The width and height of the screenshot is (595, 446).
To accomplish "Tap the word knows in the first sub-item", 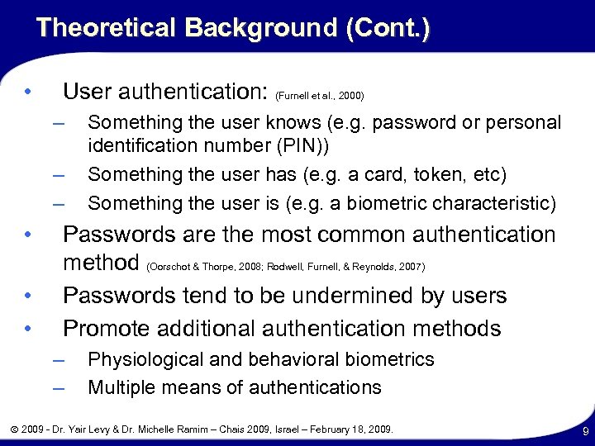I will pyautogui.click(x=293, y=123).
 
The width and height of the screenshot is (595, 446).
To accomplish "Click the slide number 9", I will pyautogui.click(x=583, y=430).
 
